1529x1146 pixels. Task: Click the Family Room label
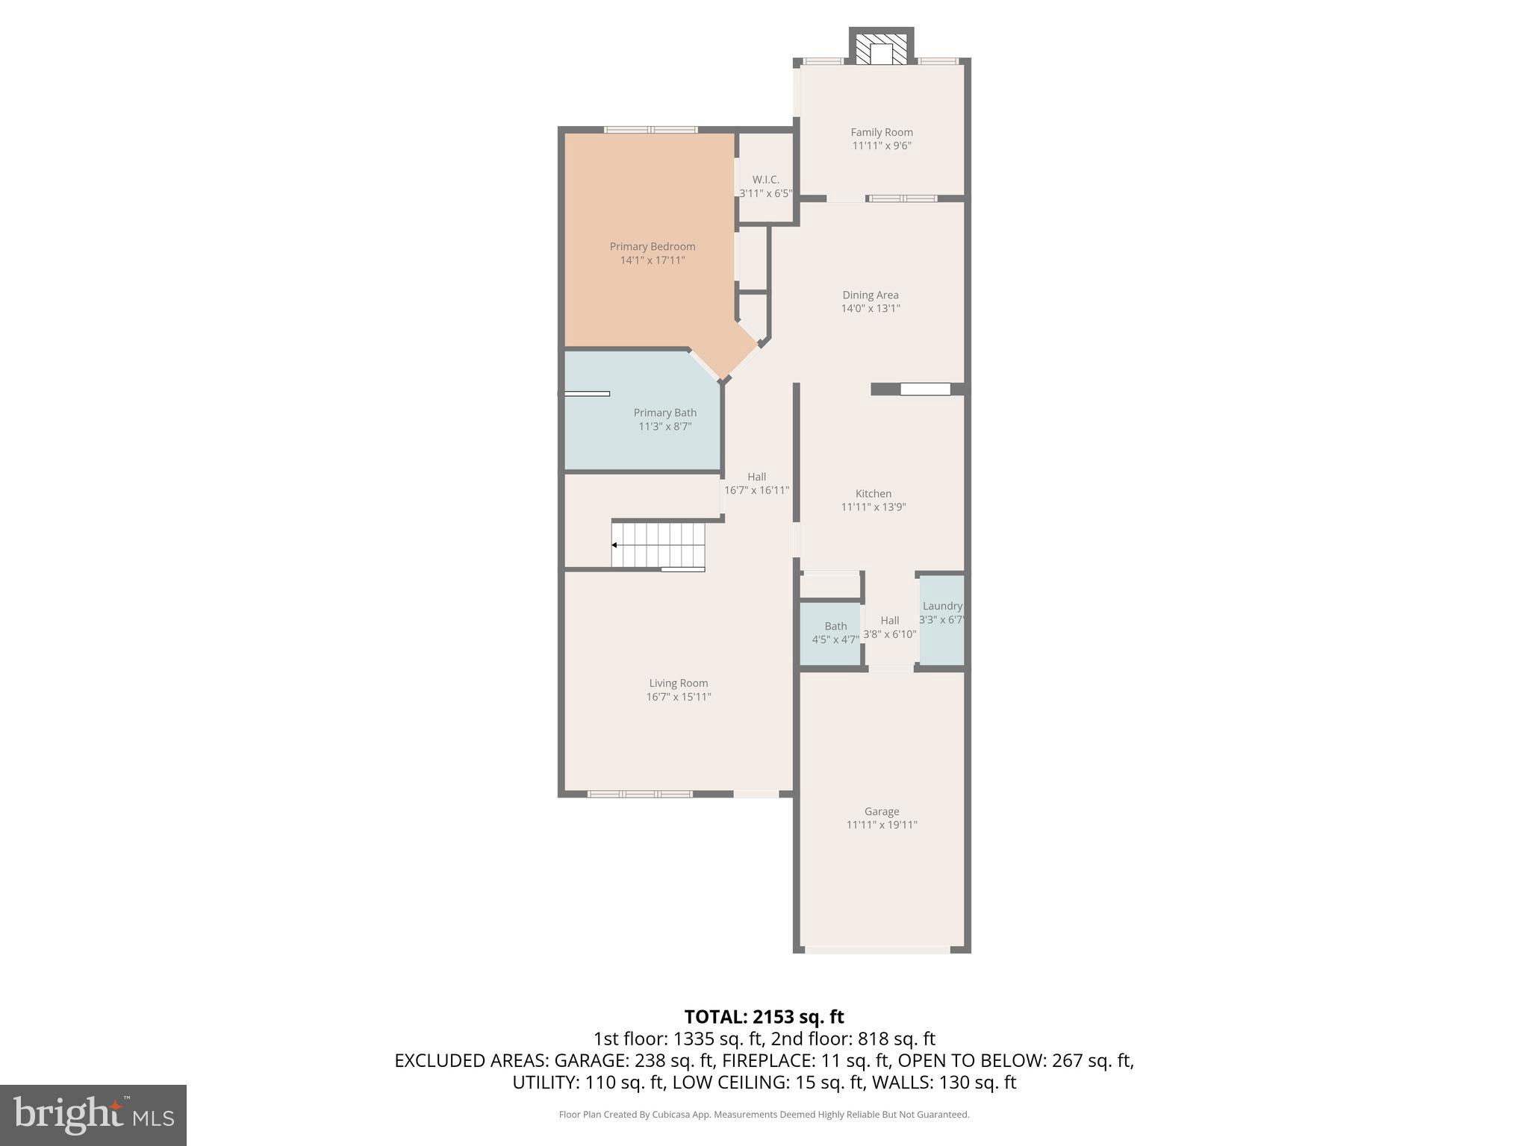pos(881,132)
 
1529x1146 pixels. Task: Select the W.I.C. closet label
pos(765,180)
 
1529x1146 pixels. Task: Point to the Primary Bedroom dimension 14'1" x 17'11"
pos(652,260)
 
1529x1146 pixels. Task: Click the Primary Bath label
pos(664,413)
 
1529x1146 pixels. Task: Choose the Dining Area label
pos(870,295)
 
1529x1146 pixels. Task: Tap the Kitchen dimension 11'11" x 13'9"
pos(873,507)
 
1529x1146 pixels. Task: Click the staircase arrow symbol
pos(614,545)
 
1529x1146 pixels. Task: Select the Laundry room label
pos(941,606)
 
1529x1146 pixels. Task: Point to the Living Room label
pos(678,683)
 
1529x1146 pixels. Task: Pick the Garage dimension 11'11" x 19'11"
pos(881,825)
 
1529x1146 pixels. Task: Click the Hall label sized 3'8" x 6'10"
pos(889,620)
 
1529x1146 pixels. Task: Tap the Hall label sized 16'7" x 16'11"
pos(756,477)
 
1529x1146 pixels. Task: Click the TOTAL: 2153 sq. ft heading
pos(764,1017)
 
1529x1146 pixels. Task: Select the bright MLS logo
pos(93,1115)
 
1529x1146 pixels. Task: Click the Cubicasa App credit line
pos(764,1115)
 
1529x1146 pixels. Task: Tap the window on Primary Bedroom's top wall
pos(650,130)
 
